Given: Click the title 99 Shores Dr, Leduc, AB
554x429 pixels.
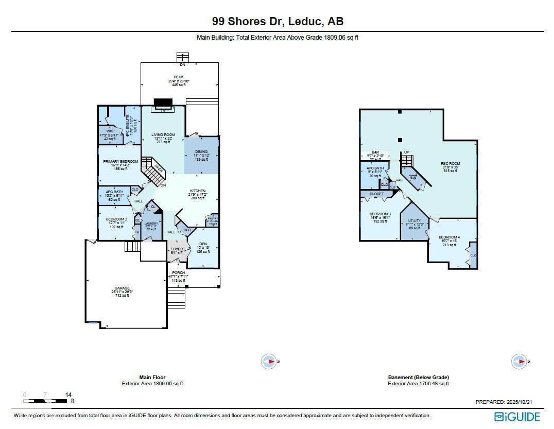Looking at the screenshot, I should [278, 21].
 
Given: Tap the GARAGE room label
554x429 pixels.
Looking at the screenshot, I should [122, 288].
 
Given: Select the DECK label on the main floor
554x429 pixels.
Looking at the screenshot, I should [178, 77].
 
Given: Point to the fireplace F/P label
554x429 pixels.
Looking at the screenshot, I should [164, 111].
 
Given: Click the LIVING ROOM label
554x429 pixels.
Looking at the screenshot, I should [163, 135].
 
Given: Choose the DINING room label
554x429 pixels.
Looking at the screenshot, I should [201, 152].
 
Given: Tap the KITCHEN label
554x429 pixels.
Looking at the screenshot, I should [198, 191].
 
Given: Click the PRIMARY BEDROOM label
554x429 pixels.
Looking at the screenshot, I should [120, 162].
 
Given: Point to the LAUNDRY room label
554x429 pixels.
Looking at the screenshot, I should [151, 224].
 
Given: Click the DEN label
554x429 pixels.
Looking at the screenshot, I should [202, 245].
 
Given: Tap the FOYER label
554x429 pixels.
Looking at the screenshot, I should [177, 249].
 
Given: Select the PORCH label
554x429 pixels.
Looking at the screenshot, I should [178, 272].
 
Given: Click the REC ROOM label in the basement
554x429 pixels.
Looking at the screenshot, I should [450, 164].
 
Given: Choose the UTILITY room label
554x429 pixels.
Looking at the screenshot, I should [414, 220].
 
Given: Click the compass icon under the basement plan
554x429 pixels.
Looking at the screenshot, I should [518, 362].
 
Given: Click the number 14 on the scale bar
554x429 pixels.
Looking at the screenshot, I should [68, 395].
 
